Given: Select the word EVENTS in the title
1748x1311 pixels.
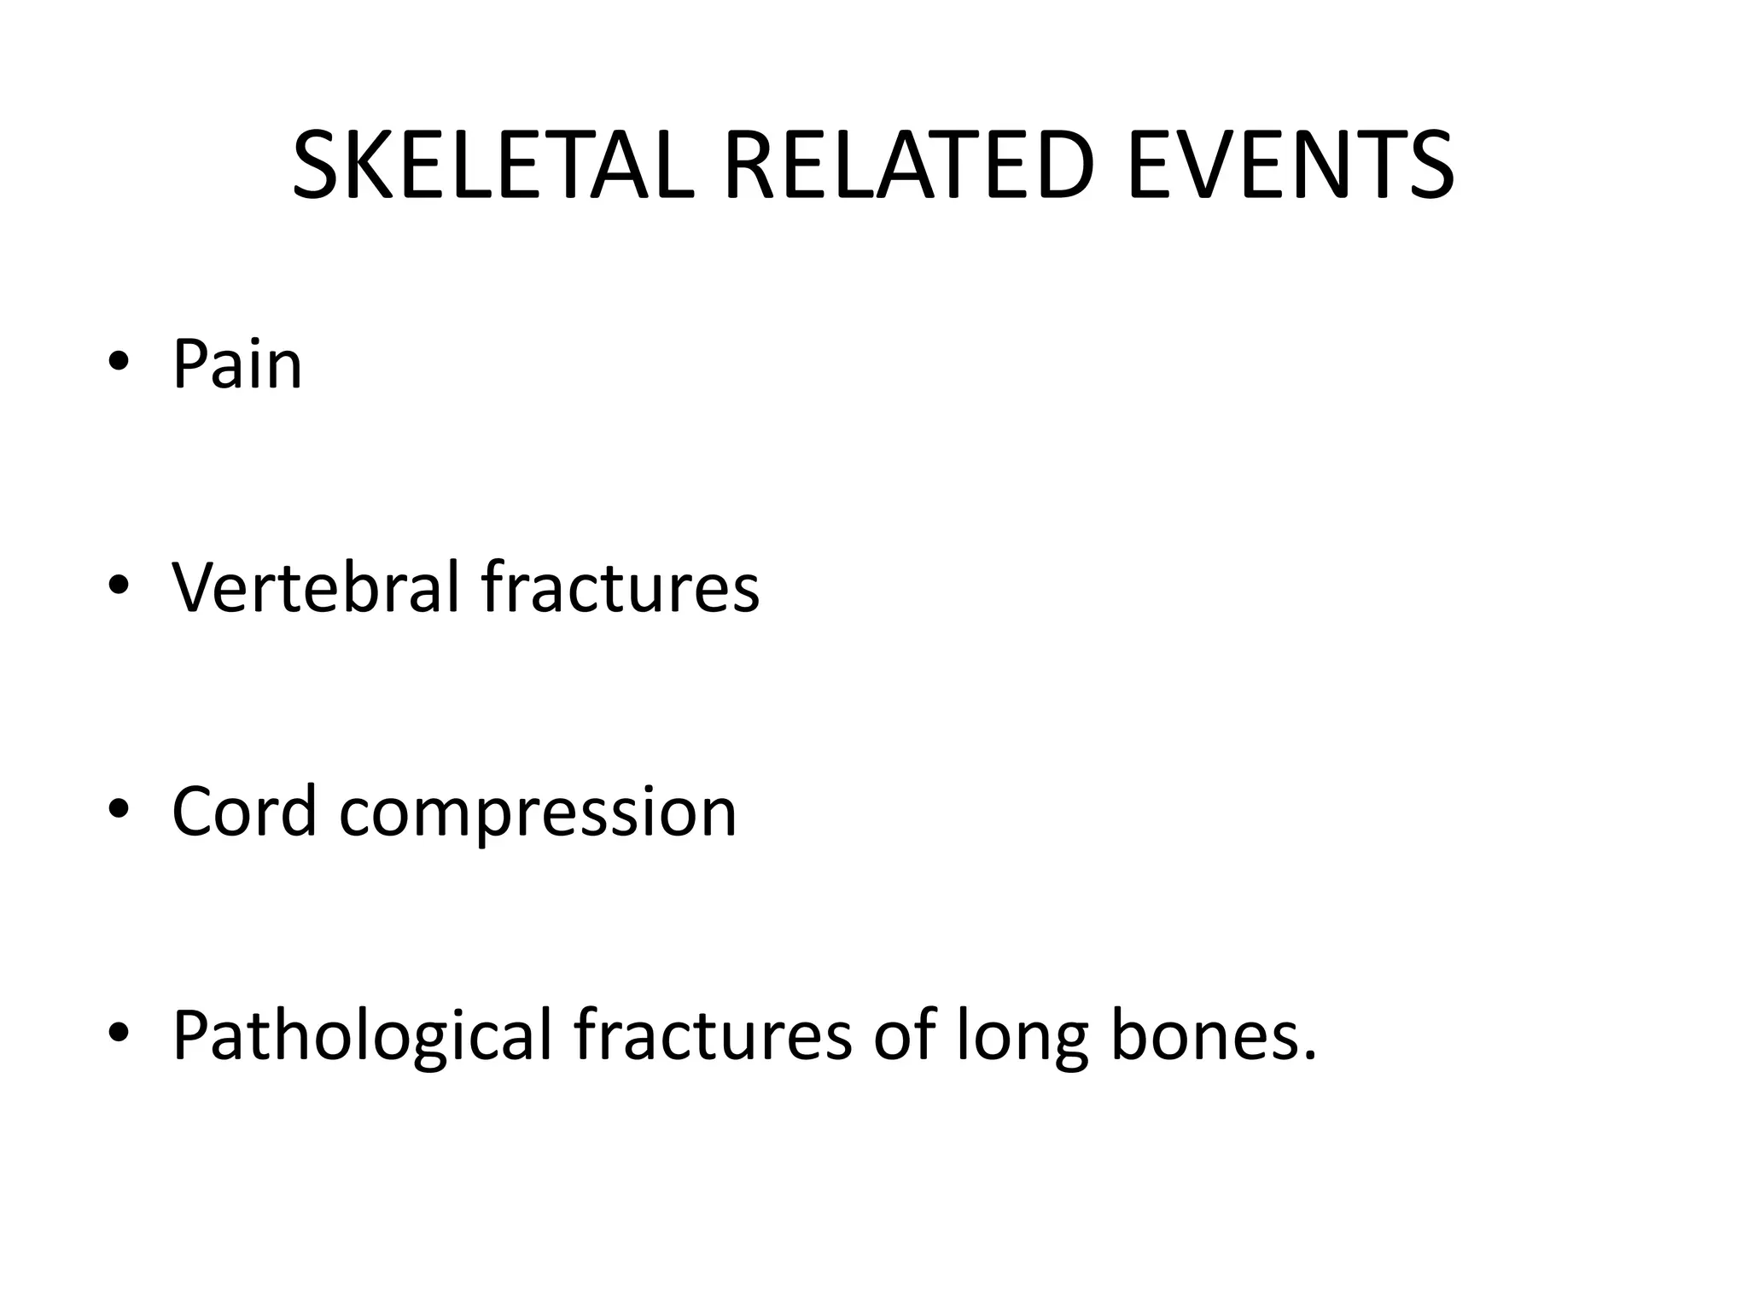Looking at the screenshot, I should click(x=1290, y=166).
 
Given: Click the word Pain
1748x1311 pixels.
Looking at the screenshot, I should click(x=237, y=365).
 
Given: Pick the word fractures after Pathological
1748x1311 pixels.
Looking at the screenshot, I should click(x=713, y=1036).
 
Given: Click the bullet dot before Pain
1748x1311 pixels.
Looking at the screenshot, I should click(x=119, y=364).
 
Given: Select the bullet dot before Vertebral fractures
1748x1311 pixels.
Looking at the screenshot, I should click(x=119, y=586).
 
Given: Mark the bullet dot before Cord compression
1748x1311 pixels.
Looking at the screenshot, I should click(x=119, y=810).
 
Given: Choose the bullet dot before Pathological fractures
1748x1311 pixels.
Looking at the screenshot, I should click(x=119, y=1034).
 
